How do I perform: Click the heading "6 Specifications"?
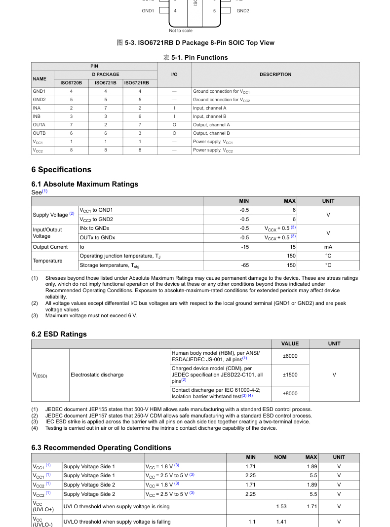61,170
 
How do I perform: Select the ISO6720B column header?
71,83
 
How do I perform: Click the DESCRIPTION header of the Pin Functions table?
275,75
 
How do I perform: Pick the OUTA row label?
39,125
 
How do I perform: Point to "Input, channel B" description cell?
209,116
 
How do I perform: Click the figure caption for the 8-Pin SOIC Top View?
195,43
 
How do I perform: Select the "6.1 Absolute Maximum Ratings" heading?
84,184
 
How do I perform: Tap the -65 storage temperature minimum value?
245,265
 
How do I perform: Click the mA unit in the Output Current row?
328,247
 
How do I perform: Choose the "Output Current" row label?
50,247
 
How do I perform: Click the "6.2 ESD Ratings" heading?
59,334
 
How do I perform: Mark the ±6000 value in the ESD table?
290,356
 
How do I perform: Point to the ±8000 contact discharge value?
290,393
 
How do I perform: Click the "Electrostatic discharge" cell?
97,375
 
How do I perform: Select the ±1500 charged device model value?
290,375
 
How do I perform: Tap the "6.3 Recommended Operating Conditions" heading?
101,448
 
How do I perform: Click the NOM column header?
280,457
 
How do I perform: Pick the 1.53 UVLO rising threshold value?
281,506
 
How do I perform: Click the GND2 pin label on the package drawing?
242,10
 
